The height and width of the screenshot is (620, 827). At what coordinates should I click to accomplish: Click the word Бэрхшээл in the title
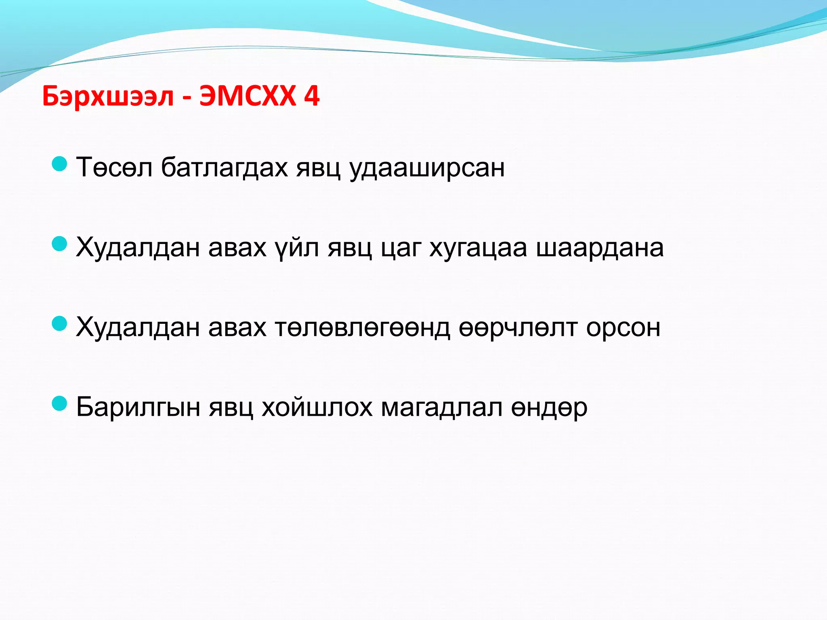[x=108, y=97]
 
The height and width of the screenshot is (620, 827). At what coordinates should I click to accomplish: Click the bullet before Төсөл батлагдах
[x=60, y=164]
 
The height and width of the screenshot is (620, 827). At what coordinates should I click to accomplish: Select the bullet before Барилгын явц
[x=60, y=403]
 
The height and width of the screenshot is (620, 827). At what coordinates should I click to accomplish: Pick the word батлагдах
[x=224, y=168]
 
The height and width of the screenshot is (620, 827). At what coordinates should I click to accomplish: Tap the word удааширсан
[x=427, y=168]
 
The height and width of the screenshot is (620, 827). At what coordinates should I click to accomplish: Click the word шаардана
[x=600, y=247]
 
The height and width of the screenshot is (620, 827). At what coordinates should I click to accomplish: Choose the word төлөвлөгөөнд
[x=362, y=327]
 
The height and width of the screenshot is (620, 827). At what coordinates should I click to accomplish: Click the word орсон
[x=623, y=327]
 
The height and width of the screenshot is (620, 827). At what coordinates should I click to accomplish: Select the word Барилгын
[x=138, y=407]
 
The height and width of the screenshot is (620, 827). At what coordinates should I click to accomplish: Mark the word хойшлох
[x=317, y=407]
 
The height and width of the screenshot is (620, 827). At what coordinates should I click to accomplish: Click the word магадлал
[x=442, y=407]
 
